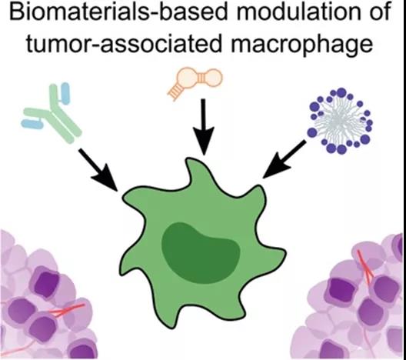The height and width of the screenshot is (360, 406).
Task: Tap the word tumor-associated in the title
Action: pos(125,44)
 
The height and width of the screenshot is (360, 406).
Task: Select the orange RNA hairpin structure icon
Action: pos(195,82)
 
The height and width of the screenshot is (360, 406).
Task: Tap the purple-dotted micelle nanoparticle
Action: pos(339,121)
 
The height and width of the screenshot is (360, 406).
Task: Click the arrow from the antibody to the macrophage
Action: pos(98,170)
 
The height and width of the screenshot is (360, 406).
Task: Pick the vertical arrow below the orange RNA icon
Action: pos(204,127)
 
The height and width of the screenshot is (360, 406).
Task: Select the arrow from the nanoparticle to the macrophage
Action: pos(284,159)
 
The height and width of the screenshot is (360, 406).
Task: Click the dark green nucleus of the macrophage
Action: pos(201,252)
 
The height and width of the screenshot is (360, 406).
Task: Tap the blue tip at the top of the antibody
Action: pos(65,93)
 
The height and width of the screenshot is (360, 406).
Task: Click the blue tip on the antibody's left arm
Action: pos(32,124)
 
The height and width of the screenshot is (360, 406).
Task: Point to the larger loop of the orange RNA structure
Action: pos(188,78)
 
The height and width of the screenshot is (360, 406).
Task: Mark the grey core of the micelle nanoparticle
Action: pos(338,120)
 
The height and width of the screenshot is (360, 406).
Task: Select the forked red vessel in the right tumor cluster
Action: pos(365,268)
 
